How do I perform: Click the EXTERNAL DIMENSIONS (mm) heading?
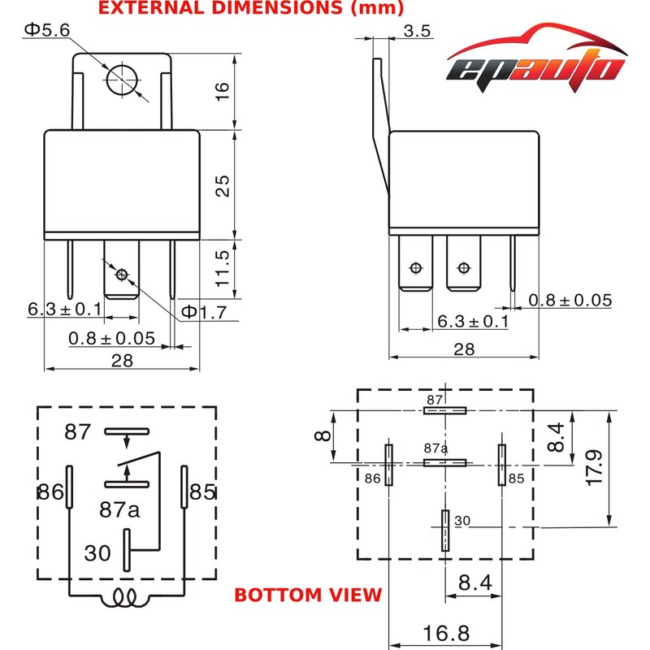[x=251, y=9]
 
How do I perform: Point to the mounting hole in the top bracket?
[x=122, y=78]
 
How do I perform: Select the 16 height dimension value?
[x=223, y=90]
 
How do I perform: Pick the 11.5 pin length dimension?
[x=223, y=267]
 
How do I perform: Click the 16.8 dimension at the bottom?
[x=445, y=631]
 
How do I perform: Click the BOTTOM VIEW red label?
[x=308, y=595]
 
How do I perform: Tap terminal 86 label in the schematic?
[x=50, y=492]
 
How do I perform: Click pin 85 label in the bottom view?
[x=516, y=479]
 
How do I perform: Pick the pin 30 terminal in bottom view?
[x=444, y=531]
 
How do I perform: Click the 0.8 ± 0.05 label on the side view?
[x=570, y=301]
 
